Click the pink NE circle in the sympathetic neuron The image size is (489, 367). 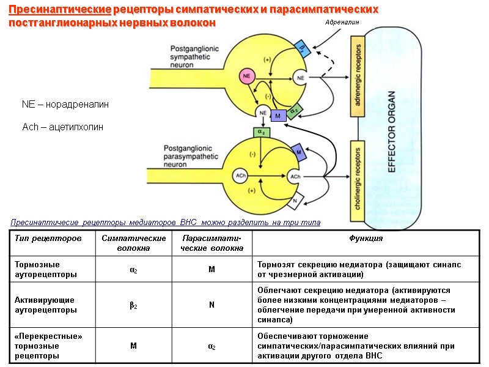tap(247, 76)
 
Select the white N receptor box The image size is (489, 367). tap(295, 200)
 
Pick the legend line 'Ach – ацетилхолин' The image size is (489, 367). tap(62, 127)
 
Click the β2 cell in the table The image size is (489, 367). tap(133, 305)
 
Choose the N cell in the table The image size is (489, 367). tap(211, 305)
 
